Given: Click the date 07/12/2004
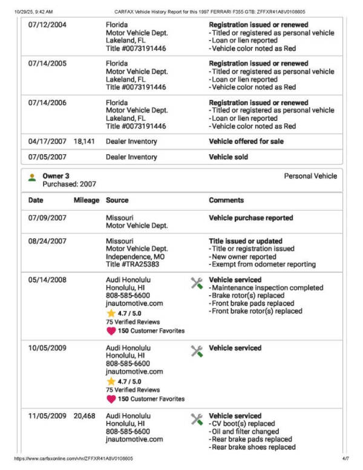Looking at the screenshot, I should [47, 25].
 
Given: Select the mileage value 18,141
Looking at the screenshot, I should [85, 142].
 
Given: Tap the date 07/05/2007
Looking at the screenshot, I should [47, 157].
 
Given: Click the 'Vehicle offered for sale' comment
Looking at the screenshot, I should [246, 142].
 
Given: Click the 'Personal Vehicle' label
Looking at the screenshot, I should [310, 176].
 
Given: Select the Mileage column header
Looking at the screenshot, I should [87, 200].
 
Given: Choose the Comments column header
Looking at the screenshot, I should [226, 200].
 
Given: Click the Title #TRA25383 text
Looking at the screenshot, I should [131, 264].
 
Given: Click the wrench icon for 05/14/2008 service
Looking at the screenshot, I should [197, 282].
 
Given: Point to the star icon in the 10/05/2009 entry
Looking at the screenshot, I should [111, 382].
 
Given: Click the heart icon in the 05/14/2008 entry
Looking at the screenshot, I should [111, 331].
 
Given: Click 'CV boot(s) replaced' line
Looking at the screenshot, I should [241, 424].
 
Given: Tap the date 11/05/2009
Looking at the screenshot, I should [47, 416].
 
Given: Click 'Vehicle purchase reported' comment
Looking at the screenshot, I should [250, 218].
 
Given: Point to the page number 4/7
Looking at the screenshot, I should [345, 459].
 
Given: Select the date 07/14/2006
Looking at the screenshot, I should [47, 103].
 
